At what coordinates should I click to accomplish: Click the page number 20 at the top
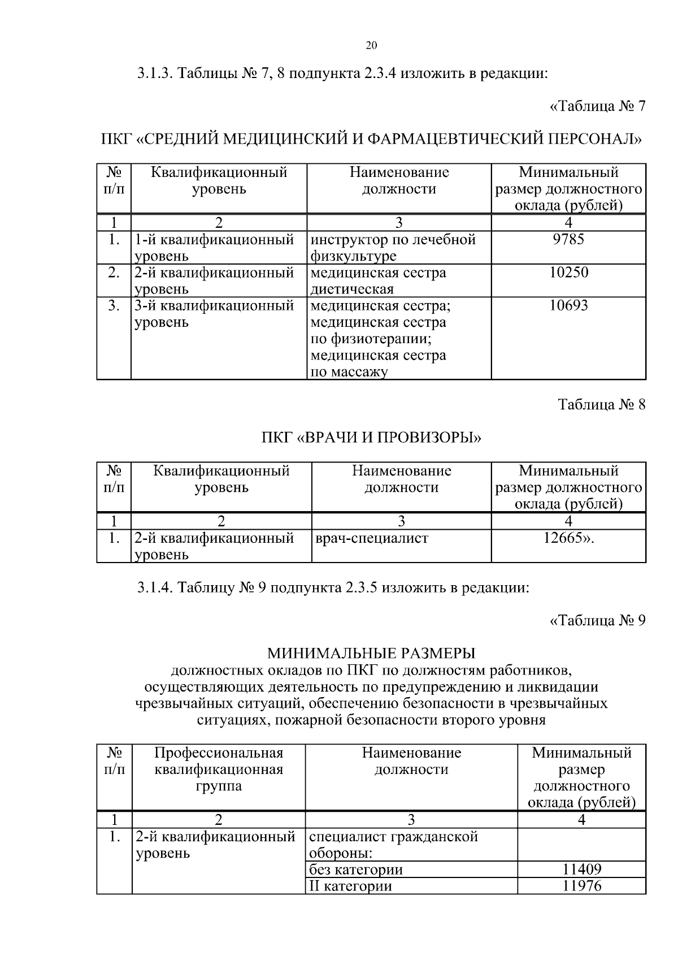tap(371, 46)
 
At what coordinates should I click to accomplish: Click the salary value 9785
tap(568, 240)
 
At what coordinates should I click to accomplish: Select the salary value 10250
tap(568, 273)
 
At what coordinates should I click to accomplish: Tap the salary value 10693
tap(568, 306)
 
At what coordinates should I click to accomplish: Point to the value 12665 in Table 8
tap(568, 538)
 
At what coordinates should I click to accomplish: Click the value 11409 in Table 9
tap(581, 869)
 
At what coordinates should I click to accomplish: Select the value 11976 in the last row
tap(581, 886)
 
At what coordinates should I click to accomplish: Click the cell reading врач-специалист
tap(371, 538)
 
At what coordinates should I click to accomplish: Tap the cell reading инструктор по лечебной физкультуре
tap(393, 248)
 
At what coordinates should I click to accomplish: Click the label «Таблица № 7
tap(597, 106)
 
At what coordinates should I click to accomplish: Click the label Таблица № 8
tap(601, 405)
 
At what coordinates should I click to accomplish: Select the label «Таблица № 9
tap(597, 621)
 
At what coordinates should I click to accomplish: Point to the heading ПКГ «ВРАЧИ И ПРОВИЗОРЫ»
tap(371, 438)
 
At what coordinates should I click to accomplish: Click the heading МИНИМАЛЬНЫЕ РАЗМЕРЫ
tap(371, 654)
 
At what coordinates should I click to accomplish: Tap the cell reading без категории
tap(356, 870)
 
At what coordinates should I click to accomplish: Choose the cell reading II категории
tap(350, 886)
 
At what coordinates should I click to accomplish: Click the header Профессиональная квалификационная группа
tap(218, 769)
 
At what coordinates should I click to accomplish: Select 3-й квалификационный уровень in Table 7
tap(215, 314)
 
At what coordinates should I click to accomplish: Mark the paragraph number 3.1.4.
tap(155, 588)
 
